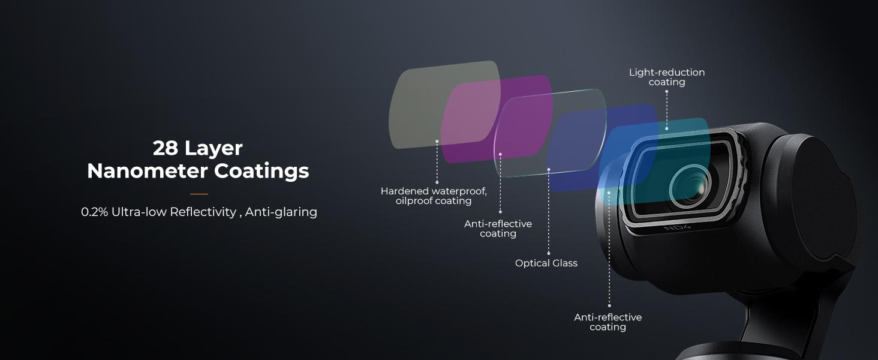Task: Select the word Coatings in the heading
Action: coord(262,172)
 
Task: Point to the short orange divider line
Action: coord(199,194)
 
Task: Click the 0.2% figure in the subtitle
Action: coord(94,212)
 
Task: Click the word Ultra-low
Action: coord(139,212)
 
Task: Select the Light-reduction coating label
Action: coord(667,77)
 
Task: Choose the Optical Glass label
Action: coord(546,263)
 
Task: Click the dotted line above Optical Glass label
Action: coord(549,210)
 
